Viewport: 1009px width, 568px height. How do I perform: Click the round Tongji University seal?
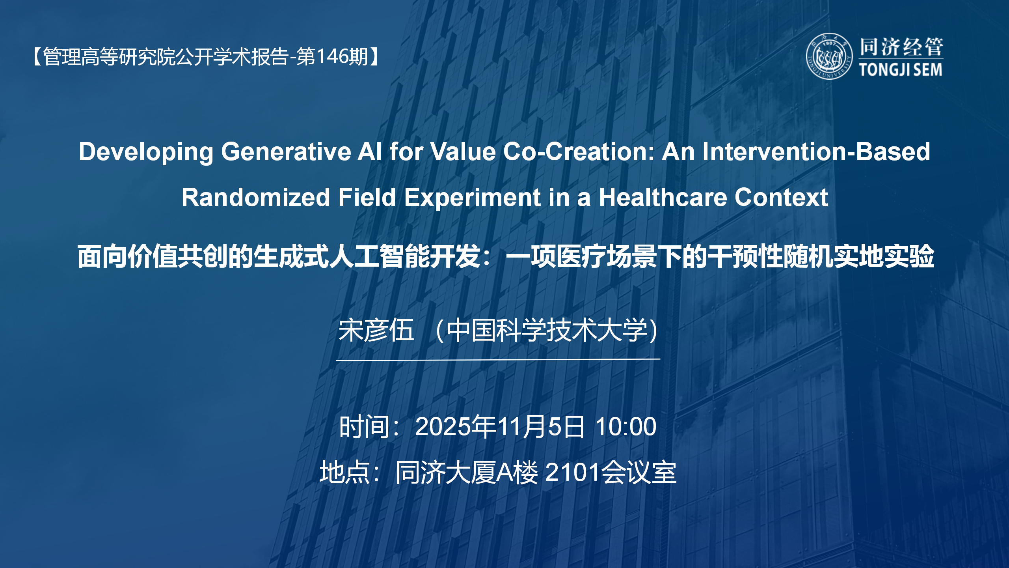[829, 56]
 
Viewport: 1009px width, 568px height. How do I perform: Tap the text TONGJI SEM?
[901, 70]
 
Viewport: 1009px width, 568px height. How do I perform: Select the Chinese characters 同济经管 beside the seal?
[901, 47]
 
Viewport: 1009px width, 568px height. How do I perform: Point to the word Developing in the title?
[146, 152]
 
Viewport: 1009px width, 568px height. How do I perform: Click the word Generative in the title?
[286, 151]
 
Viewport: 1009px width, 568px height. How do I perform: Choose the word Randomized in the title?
[255, 197]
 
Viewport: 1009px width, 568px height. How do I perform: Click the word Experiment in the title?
[472, 197]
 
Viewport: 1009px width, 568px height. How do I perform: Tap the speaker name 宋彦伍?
[376, 330]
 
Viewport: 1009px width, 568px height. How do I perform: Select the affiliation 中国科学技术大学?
[548, 330]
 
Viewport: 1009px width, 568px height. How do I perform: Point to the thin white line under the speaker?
[498, 359]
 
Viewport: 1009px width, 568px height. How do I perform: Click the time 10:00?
[626, 427]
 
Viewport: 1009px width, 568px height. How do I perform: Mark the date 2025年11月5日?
[499, 427]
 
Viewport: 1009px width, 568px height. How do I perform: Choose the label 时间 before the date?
[364, 427]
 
